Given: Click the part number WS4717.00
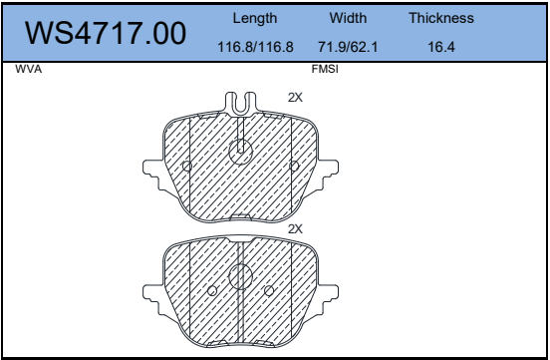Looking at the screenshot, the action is (x=106, y=33).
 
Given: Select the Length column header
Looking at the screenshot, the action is (x=255, y=18).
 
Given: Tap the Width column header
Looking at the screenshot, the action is (x=348, y=18).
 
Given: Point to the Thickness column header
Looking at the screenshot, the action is (x=441, y=18).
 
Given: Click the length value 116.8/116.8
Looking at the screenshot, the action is (x=255, y=47).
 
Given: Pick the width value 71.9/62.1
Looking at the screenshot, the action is (x=348, y=47).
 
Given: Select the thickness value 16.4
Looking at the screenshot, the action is (x=441, y=47).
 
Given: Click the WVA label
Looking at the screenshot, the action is (x=29, y=69).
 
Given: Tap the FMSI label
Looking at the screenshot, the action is (x=325, y=69).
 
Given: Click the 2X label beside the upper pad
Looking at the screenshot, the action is (x=295, y=98).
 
